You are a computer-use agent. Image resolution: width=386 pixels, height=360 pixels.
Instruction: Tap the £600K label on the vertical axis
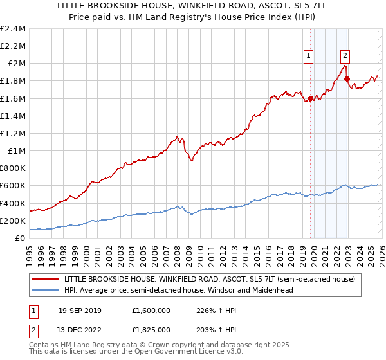(13, 186)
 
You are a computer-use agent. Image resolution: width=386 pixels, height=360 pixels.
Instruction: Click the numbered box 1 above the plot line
(309, 57)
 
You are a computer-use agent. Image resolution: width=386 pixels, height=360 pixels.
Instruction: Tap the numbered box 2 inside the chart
(345, 57)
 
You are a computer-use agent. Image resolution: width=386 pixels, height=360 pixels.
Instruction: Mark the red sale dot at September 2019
(310, 98)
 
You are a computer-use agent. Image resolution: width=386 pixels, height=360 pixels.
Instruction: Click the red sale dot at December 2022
(347, 78)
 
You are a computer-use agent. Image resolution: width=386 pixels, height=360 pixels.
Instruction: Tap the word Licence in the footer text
(193, 353)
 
